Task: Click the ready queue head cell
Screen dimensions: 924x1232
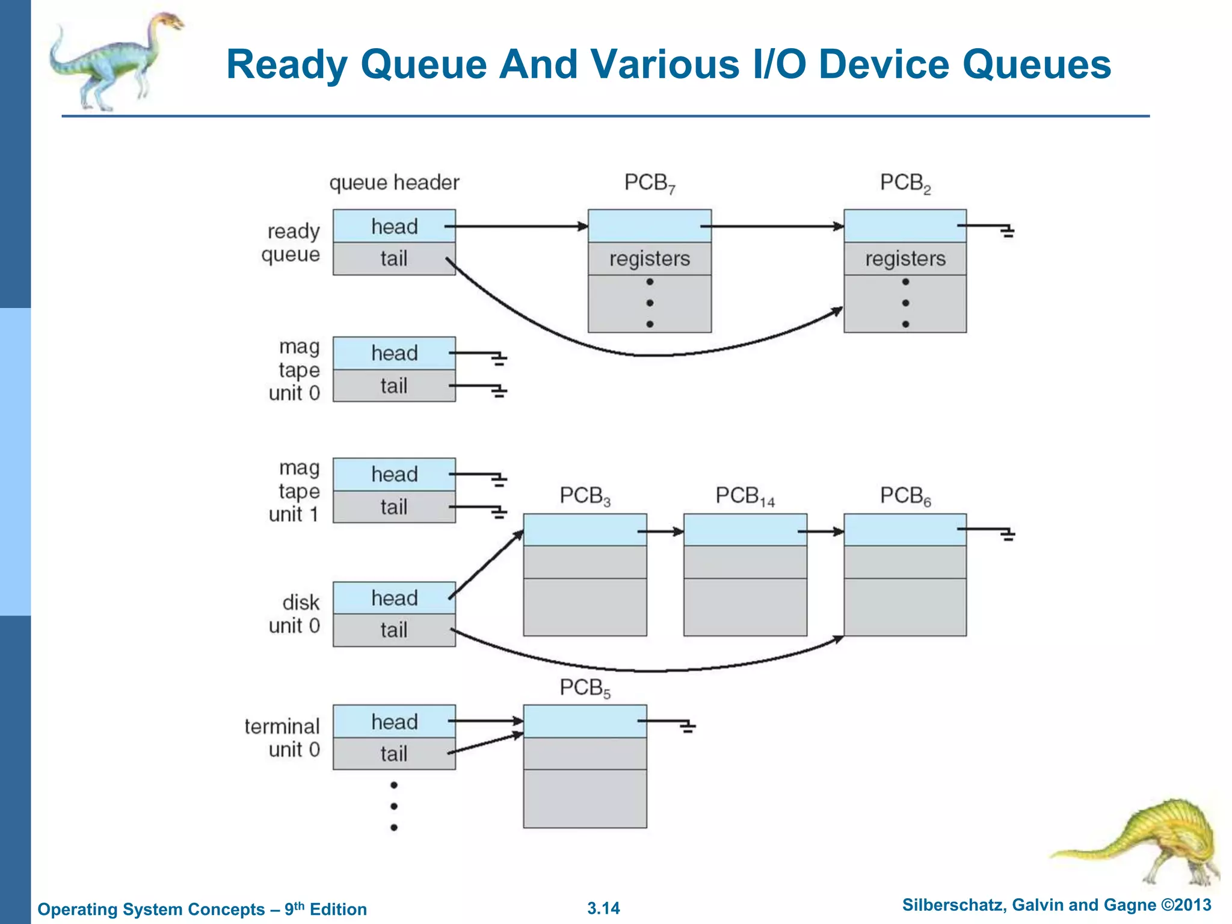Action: pyautogui.click(x=394, y=226)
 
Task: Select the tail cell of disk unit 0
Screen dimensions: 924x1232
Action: pyautogui.click(x=394, y=630)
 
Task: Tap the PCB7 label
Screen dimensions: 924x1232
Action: pyautogui.click(x=650, y=182)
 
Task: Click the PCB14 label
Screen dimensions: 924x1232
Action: pyautogui.click(x=745, y=496)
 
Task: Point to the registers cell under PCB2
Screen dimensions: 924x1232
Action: pyautogui.click(x=905, y=259)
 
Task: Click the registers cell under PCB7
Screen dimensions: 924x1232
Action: pyautogui.click(x=650, y=259)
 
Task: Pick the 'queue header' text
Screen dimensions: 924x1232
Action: pyautogui.click(x=394, y=182)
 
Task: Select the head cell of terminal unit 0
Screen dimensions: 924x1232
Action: pyautogui.click(x=394, y=721)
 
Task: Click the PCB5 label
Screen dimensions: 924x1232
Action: pyautogui.click(x=585, y=688)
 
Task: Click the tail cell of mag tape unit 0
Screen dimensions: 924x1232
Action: pyautogui.click(x=394, y=386)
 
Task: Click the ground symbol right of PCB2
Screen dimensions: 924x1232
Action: pyautogui.click(x=1008, y=232)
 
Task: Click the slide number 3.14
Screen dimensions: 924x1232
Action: pyautogui.click(x=603, y=908)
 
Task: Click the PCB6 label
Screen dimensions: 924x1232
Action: pyautogui.click(x=905, y=496)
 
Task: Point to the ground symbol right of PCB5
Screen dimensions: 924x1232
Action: pyautogui.click(x=688, y=727)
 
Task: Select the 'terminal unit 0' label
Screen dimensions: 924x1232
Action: pyautogui.click(x=283, y=738)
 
